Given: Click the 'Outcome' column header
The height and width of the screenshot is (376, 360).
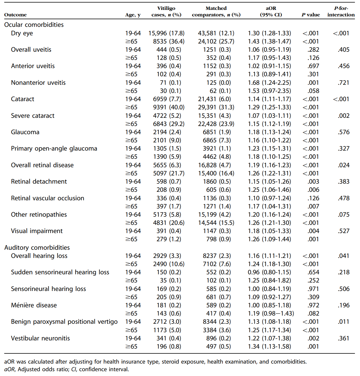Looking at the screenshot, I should pos(15,15).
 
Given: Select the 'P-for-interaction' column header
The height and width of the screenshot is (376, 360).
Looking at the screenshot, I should pos(341,12).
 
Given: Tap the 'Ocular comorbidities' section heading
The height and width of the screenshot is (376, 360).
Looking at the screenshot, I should pos(34,25).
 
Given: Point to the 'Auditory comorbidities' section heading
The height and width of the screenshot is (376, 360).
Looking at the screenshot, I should pos(37,247).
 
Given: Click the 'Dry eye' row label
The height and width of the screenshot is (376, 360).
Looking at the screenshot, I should pos(22,33).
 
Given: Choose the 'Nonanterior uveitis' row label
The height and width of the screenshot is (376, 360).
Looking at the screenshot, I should pos(38,83).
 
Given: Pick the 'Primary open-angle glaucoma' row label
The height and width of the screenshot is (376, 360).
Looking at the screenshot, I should pos(54,149).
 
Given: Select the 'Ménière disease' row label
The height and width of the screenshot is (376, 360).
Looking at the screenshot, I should pos(34,305).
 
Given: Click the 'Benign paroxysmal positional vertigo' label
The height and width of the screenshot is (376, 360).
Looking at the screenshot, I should pos(64,322).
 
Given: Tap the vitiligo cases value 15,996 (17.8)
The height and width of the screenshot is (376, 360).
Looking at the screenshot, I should pos(166,33).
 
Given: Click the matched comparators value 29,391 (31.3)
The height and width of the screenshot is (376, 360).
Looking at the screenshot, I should pos(216,107).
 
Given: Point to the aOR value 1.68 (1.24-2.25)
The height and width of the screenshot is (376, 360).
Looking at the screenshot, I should pos(269,83).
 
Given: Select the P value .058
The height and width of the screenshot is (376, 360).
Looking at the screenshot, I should pos(313,91).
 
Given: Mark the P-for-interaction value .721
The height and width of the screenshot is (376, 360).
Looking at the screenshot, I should pos(343,83).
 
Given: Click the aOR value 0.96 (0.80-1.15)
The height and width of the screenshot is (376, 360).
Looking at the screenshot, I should pos(269,272).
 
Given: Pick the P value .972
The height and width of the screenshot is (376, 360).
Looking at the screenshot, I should pos(313,305).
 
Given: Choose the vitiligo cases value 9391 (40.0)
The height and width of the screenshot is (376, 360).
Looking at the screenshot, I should pos(169,107).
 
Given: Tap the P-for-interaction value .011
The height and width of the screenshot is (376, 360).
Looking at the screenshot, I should pos(343,322).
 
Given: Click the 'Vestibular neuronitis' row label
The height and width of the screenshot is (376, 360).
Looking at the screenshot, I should pos(40,338).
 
